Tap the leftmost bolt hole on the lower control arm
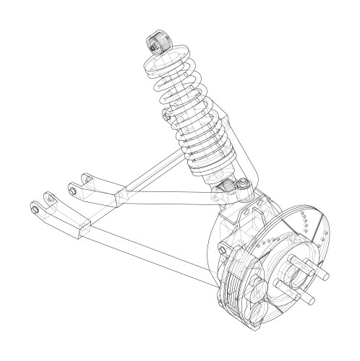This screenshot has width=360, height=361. [35, 209]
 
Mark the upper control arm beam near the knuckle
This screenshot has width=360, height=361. [173, 193]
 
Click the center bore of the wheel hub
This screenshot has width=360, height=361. [296, 274]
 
